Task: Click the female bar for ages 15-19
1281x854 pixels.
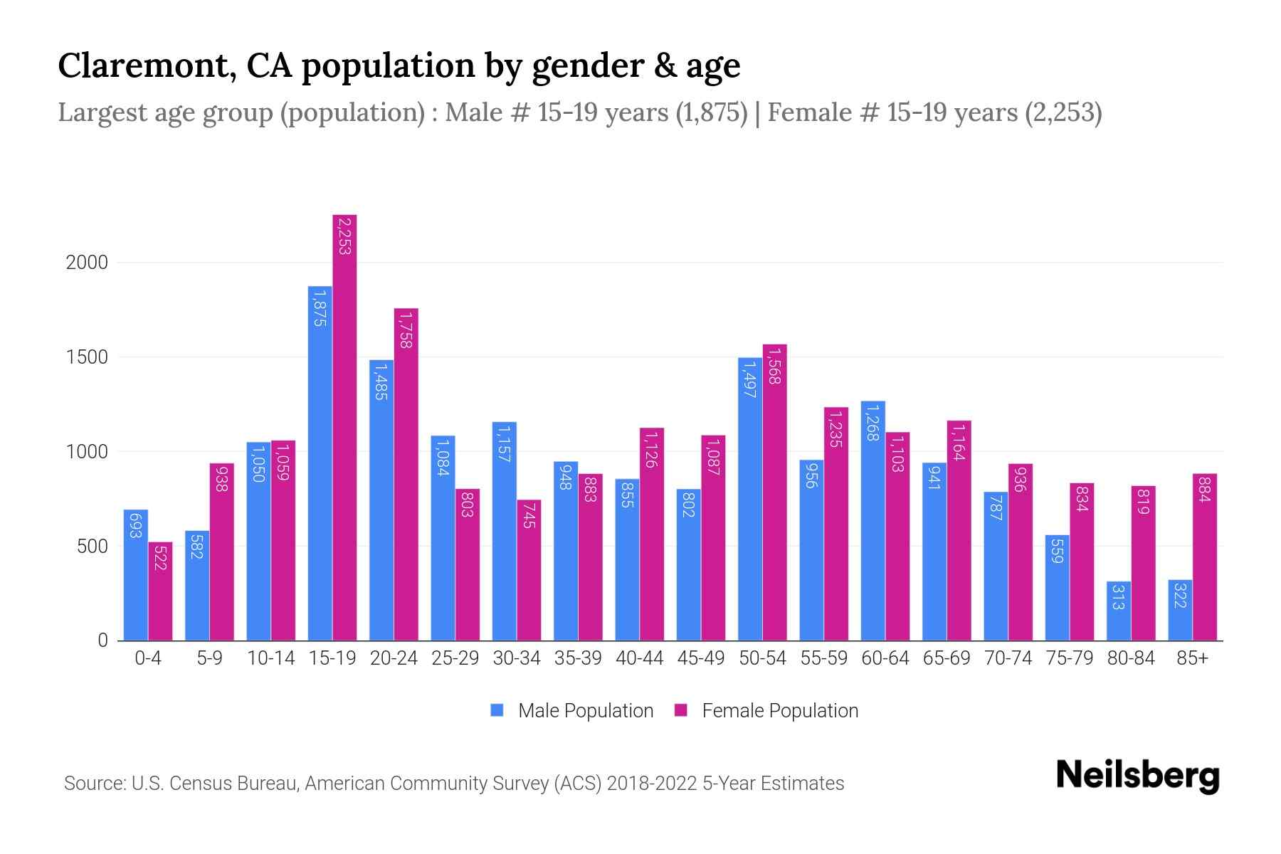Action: pyautogui.click(x=344, y=427)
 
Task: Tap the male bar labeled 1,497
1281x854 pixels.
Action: pyautogui.click(x=750, y=498)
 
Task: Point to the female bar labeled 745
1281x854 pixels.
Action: pyautogui.click(x=529, y=569)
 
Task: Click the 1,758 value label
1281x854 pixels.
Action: pyautogui.click(x=406, y=330)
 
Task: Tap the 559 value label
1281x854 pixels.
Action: pyautogui.click(x=1057, y=549)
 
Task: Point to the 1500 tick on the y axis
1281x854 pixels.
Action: pyautogui.click(x=87, y=357)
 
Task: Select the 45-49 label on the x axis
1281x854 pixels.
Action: pyautogui.click(x=700, y=658)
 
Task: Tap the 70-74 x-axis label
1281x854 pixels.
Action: pyautogui.click(x=1008, y=658)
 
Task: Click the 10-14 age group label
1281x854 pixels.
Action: pyautogui.click(x=270, y=658)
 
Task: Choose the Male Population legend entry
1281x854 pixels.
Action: pyautogui.click(x=585, y=711)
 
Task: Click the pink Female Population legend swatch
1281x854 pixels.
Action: pyautogui.click(x=681, y=710)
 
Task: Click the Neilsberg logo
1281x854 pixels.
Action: pyautogui.click(x=1137, y=775)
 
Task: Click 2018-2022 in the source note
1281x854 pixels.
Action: pyautogui.click(x=652, y=784)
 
